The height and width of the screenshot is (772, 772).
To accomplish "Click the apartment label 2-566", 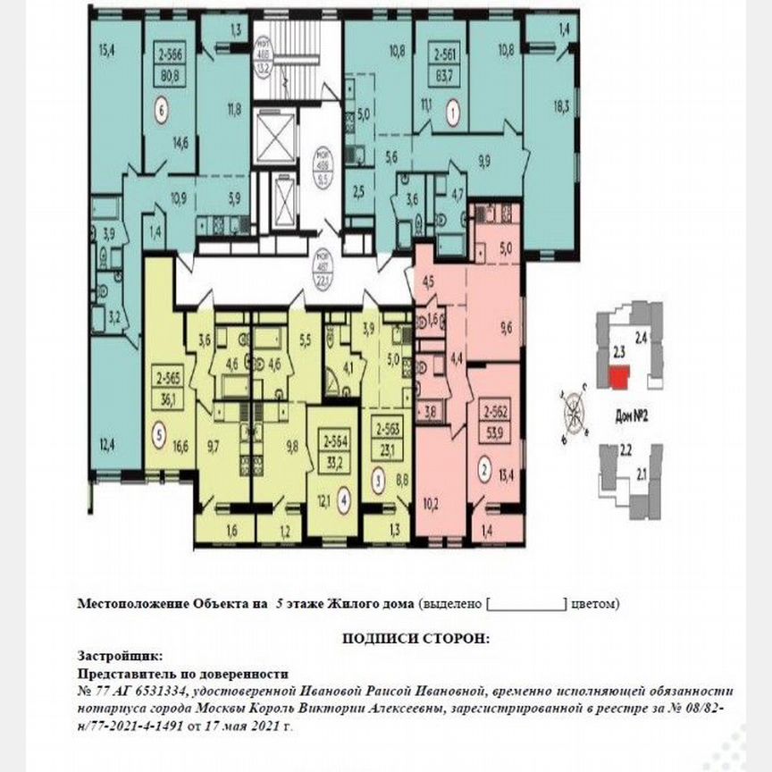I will pos(169,53).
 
